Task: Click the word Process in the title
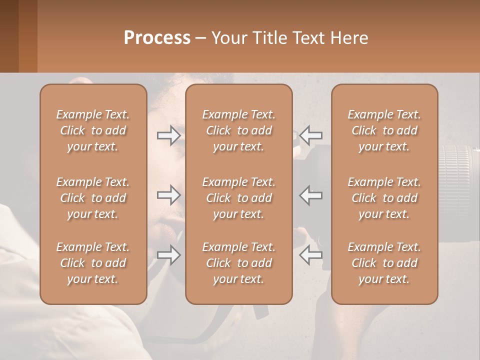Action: pos(157,38)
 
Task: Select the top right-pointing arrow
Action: pos(169,135)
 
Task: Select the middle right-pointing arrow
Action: pos(169,195)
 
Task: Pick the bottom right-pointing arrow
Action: pos(169,255)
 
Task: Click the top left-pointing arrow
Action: pos(311,135)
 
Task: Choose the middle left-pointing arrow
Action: pos(311,195)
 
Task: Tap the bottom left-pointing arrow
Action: pos(311,255)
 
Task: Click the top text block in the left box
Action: pos(93,130)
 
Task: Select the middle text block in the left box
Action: pos(93,198)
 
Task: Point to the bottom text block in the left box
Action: pos(93,263)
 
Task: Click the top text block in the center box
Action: pos(239,130)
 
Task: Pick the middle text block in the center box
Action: pos(239,198)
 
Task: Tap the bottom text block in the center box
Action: pos(239,263)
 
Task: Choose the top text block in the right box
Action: pos(384,130)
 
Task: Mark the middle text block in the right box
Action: pos(384,198)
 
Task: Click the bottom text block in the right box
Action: pos(384,263)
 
